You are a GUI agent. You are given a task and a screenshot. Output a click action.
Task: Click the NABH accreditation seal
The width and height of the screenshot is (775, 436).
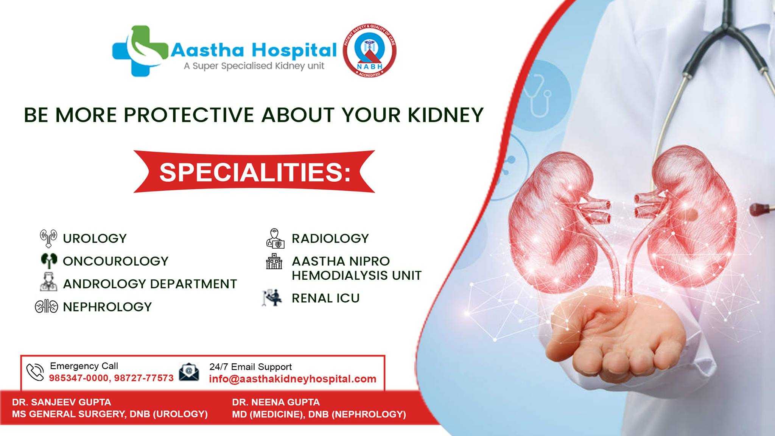click(369, 50)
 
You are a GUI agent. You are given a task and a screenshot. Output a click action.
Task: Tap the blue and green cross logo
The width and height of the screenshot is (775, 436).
click(139, 51)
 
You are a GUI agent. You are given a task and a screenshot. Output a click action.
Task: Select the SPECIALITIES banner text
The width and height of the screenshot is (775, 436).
click(255, 172)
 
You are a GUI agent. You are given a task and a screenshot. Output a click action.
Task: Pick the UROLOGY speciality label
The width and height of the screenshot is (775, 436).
click(95, 238)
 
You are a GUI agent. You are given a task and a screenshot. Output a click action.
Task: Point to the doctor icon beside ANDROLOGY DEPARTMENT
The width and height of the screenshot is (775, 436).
click(48, 282)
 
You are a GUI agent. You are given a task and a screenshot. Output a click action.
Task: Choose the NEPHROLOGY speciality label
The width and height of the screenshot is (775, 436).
click(107, 307)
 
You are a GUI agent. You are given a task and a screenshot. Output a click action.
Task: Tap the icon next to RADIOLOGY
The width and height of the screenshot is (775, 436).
click(275, 238)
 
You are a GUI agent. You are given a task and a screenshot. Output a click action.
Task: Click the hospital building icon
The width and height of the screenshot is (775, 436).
click(274, 262)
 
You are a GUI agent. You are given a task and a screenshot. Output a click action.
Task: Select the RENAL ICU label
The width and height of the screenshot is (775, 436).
click(325, 298)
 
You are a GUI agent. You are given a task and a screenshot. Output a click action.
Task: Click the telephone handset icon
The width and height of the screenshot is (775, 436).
click(35, 372)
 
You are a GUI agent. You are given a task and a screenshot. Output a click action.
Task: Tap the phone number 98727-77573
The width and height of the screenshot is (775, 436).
click(144, 378)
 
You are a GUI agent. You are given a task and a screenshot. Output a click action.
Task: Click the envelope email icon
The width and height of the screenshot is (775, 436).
click(189, 372)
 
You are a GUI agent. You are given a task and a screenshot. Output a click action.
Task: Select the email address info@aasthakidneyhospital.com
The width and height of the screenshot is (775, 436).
click(293, 379)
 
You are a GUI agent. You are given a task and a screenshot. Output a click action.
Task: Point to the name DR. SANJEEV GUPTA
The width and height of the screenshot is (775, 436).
click(61, 402)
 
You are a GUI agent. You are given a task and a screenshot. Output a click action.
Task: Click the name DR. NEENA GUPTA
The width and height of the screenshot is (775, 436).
click(276, 402)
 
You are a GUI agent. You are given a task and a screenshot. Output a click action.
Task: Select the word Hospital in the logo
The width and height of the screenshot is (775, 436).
click(294, 50)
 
